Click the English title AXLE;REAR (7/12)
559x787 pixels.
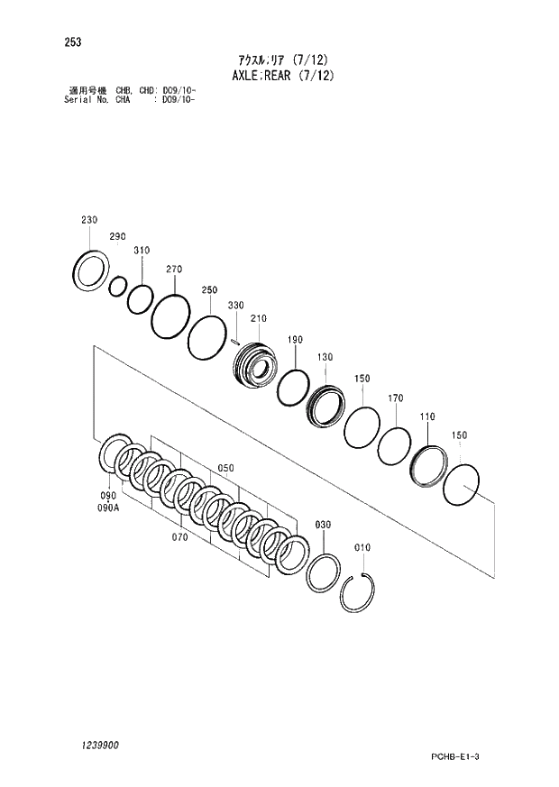(279, 76)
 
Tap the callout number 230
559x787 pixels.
(88, 220)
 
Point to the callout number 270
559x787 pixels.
(174, 269)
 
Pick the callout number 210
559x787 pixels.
(259, 318)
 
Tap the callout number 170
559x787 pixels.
(395, 398)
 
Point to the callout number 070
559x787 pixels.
(179, 536)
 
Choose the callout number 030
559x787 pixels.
(323, 525)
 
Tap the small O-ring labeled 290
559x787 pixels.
(117, 287)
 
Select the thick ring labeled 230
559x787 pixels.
(91, 270)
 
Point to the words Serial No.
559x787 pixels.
(87, 99)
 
